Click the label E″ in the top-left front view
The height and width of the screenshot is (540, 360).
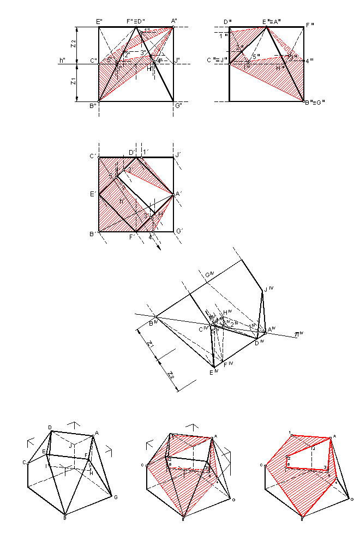(99, 21)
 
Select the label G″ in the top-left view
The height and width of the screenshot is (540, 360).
(178, 106)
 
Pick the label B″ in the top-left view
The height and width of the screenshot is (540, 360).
(93, 106)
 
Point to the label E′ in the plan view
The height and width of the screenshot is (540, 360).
(93, 194)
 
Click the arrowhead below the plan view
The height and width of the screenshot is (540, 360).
(159, 249)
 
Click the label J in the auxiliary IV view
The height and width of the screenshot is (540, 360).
(268, 289)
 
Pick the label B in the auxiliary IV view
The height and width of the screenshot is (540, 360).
(154, 323)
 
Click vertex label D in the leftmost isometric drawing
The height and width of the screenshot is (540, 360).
(50, 427)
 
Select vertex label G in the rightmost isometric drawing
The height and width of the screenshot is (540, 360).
(352, 499)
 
